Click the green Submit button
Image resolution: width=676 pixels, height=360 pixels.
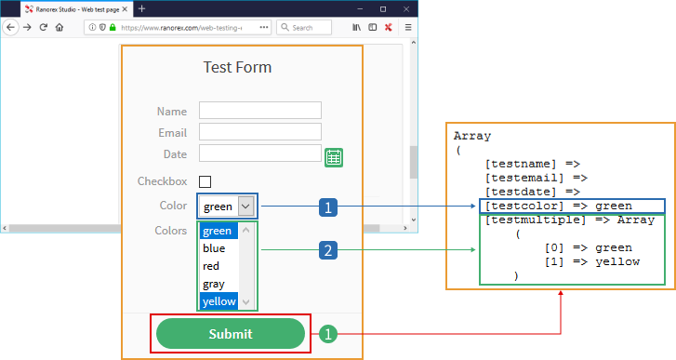point(231,334)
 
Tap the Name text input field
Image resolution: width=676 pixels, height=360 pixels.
point(260,111)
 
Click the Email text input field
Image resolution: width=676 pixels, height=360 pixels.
point(260,131)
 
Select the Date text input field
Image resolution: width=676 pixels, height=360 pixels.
point(260,153)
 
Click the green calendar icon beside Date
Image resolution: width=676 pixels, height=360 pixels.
point(334,157)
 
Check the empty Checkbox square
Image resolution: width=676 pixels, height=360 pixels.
point(205,181)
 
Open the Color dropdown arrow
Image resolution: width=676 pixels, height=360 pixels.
point(245,207)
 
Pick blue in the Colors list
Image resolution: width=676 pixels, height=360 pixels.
point(214,248)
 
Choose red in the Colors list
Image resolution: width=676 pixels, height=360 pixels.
point(211,266)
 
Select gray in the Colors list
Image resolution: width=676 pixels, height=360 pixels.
point(214,284)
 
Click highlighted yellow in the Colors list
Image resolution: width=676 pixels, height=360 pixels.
point(219,301)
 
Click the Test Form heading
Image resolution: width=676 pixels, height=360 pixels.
point(237,67)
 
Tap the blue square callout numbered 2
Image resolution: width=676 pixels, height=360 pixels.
point(328,250)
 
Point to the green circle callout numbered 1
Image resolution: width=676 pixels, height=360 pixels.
point(328,334)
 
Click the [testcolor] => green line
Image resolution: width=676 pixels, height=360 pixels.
point(559,207)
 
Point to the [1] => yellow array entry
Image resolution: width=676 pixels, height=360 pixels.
point(592,261)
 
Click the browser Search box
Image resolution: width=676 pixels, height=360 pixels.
point(304,28)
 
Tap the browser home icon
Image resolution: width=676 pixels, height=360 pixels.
point(60,28)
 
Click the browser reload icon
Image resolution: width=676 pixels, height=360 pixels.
point(43,27)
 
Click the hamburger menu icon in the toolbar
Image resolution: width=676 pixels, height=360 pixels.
point(408,28)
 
